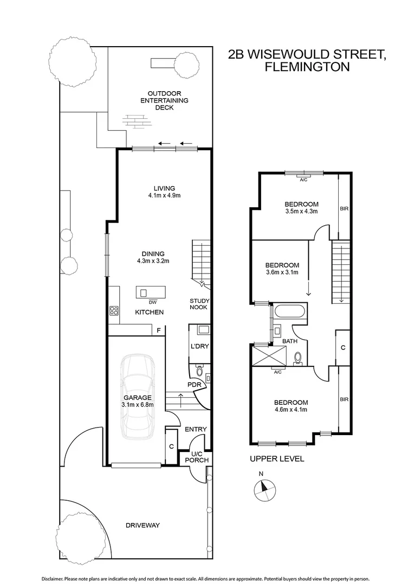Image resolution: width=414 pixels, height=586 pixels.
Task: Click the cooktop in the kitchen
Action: (114, 311)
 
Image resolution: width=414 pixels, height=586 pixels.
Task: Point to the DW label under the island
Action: (145, 302)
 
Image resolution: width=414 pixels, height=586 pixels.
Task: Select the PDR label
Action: (194, 384)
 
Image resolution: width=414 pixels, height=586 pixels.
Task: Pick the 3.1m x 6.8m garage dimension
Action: (137, 404)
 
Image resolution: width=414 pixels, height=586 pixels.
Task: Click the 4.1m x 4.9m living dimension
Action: (164, 195)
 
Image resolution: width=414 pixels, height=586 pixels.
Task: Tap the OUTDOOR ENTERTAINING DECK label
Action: (164, 100)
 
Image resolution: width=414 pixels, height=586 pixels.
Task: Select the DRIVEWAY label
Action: (143, 525)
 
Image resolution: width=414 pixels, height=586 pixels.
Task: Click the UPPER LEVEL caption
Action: (276, 458)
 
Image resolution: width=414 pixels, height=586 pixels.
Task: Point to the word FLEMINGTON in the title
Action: (306, 67)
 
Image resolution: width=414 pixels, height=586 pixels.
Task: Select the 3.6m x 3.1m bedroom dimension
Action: (282, 273)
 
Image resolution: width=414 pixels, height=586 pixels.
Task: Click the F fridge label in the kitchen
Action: (159, 329)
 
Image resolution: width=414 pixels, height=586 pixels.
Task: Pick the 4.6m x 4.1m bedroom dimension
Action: (290, 410)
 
